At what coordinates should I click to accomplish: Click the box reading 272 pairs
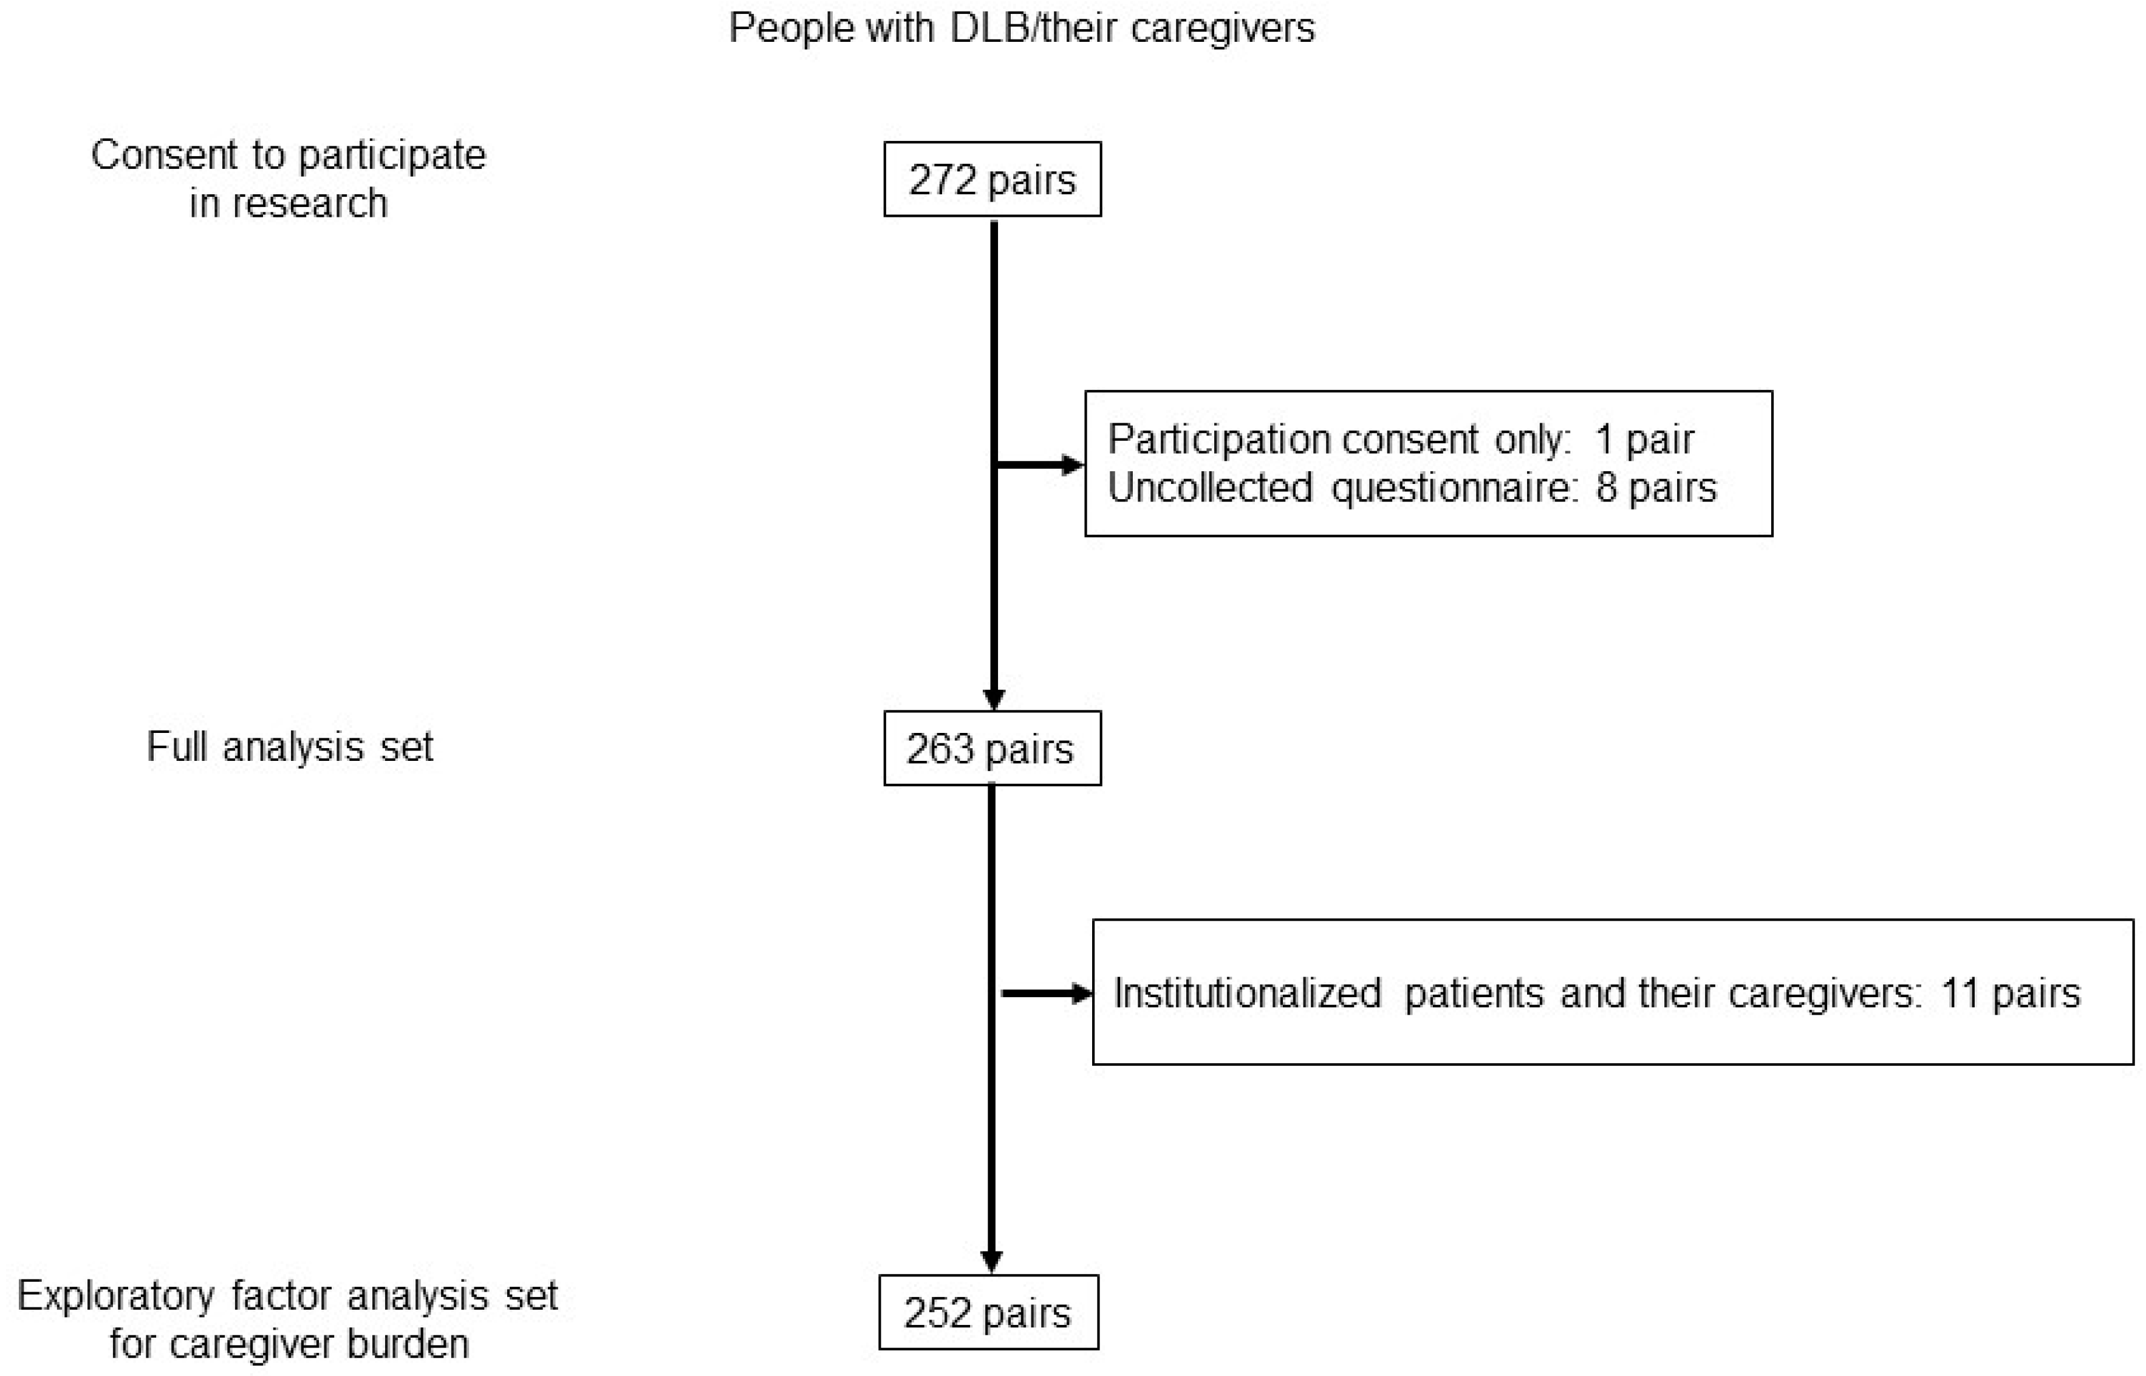click(x=992, y=180)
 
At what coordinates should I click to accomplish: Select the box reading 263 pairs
click(x=992, y=749)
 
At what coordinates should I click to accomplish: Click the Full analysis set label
click(x=290, y=747)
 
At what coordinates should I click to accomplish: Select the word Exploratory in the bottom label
click(x=116, y=1296)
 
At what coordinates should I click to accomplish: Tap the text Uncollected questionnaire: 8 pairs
click(x=1411, y=488)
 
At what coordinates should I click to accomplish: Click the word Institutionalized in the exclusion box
click(x=1247, y=993)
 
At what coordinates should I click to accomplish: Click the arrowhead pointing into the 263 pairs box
click(x=994, y=699)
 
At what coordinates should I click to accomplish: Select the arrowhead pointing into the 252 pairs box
click(x=991, y=1261)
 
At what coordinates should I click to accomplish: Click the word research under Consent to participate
click(x=310, y=203)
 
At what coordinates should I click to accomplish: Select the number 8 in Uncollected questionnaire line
click(x=1606, y=488)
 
